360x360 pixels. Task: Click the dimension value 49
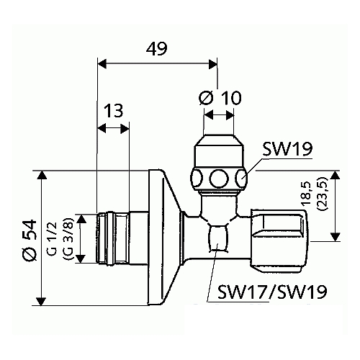tap(157, 49)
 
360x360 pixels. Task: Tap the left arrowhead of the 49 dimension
tap(101, 63)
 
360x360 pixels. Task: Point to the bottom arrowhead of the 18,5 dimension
tap(335, 238)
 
